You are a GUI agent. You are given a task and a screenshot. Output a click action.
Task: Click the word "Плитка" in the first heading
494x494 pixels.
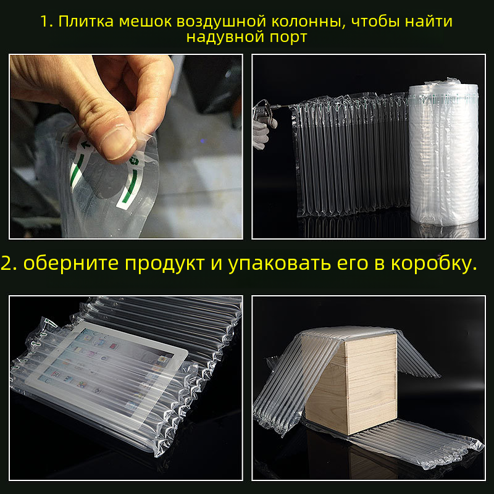click(x=86, y=22)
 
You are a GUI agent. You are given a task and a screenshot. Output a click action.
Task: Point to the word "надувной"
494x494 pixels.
click(x=225, y=37)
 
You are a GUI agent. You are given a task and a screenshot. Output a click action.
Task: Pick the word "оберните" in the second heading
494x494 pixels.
click(x=70, y=263)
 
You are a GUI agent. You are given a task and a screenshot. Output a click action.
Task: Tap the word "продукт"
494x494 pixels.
click(x=164, y=264)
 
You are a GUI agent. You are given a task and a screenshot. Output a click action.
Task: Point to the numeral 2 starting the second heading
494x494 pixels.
click(x=6, y=264)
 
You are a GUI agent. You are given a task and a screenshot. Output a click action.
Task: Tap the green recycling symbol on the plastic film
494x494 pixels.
click(x=134, y=161)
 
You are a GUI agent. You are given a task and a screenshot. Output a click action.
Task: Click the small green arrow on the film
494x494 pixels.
click(x=85, y=145)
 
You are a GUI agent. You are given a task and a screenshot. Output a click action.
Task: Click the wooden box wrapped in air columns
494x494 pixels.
click(x=351, y=384)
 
